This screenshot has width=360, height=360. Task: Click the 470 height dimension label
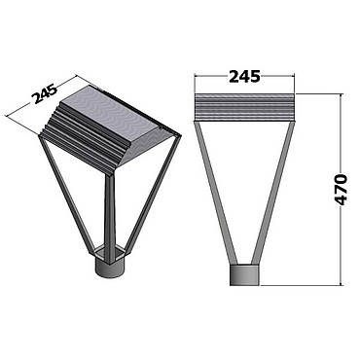point(341,190)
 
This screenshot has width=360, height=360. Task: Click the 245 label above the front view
point(244,77)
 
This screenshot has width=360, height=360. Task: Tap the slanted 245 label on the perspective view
point(45,94)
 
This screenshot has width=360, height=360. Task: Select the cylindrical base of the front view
point(244,275)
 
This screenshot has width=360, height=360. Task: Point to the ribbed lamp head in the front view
point(244,107)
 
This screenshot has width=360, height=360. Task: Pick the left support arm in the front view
point(216,193)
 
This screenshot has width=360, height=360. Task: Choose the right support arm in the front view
point(273,193)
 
